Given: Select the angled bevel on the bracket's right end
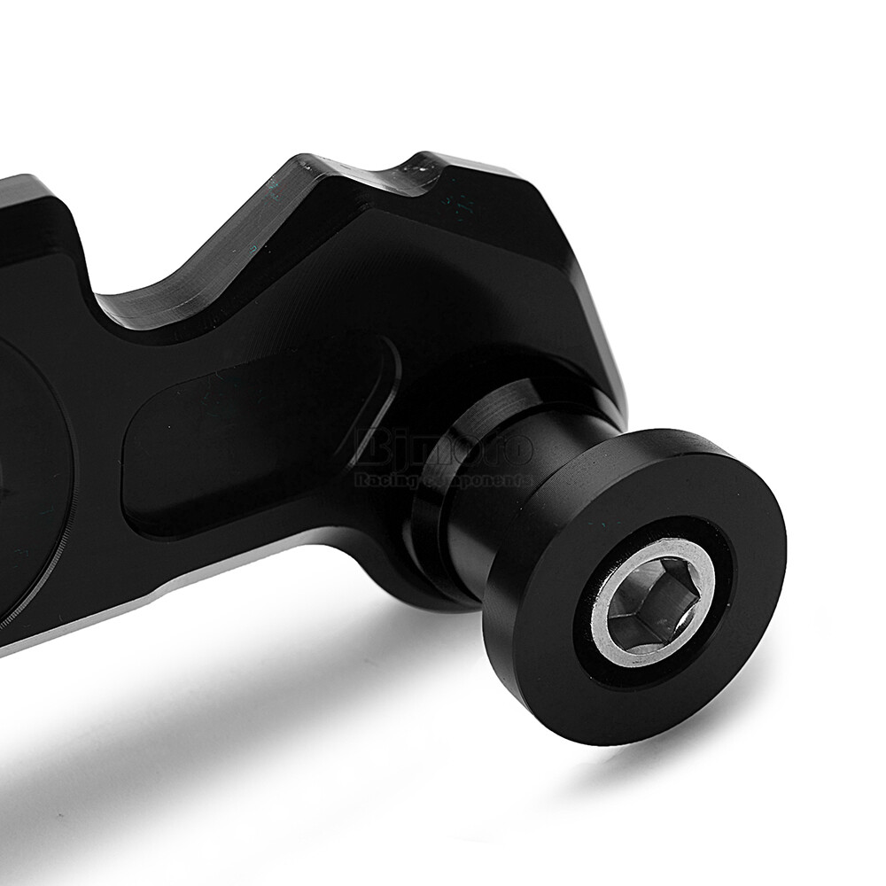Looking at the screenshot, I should tap(594, 301).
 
